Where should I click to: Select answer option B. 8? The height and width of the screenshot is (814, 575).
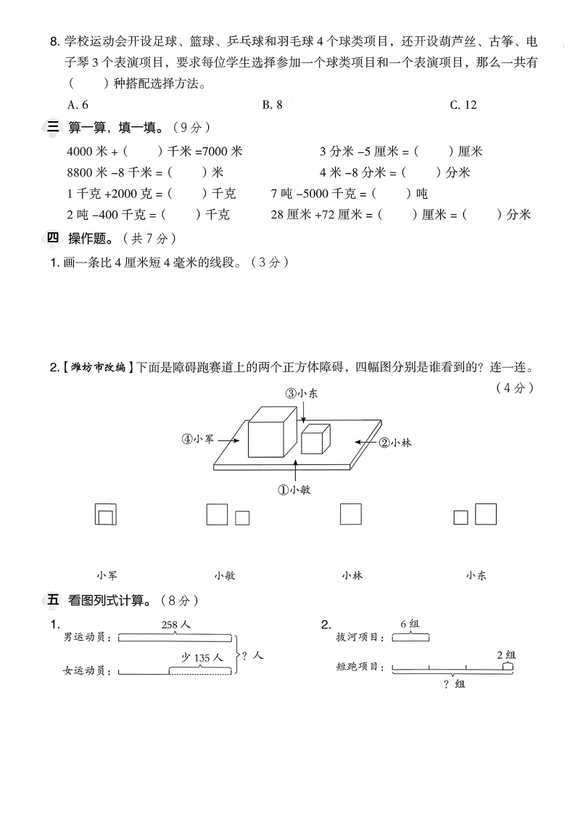(272, 104)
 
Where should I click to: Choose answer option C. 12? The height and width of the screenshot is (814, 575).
(463, 104)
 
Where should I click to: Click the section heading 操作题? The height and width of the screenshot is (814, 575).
(90, 238)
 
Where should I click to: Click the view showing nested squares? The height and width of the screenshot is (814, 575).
(106, 514)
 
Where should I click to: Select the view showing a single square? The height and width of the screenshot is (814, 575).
(351, 514)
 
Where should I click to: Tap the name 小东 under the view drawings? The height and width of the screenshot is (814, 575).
(476, 575)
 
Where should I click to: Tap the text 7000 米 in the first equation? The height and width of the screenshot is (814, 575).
(223, 151)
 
